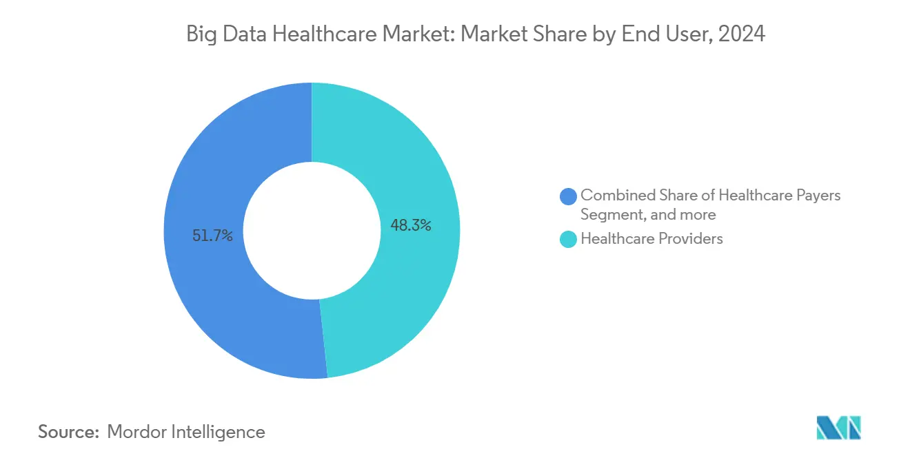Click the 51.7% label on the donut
coord(212,236)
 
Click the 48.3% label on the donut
coord(411,225)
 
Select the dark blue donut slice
coord(207,289)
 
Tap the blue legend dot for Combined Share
coord(569,196)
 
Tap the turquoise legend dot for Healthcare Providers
coord(569,239)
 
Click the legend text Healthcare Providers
coord(651,239)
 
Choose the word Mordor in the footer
coord(136,432)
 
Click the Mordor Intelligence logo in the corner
coord(838,428)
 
